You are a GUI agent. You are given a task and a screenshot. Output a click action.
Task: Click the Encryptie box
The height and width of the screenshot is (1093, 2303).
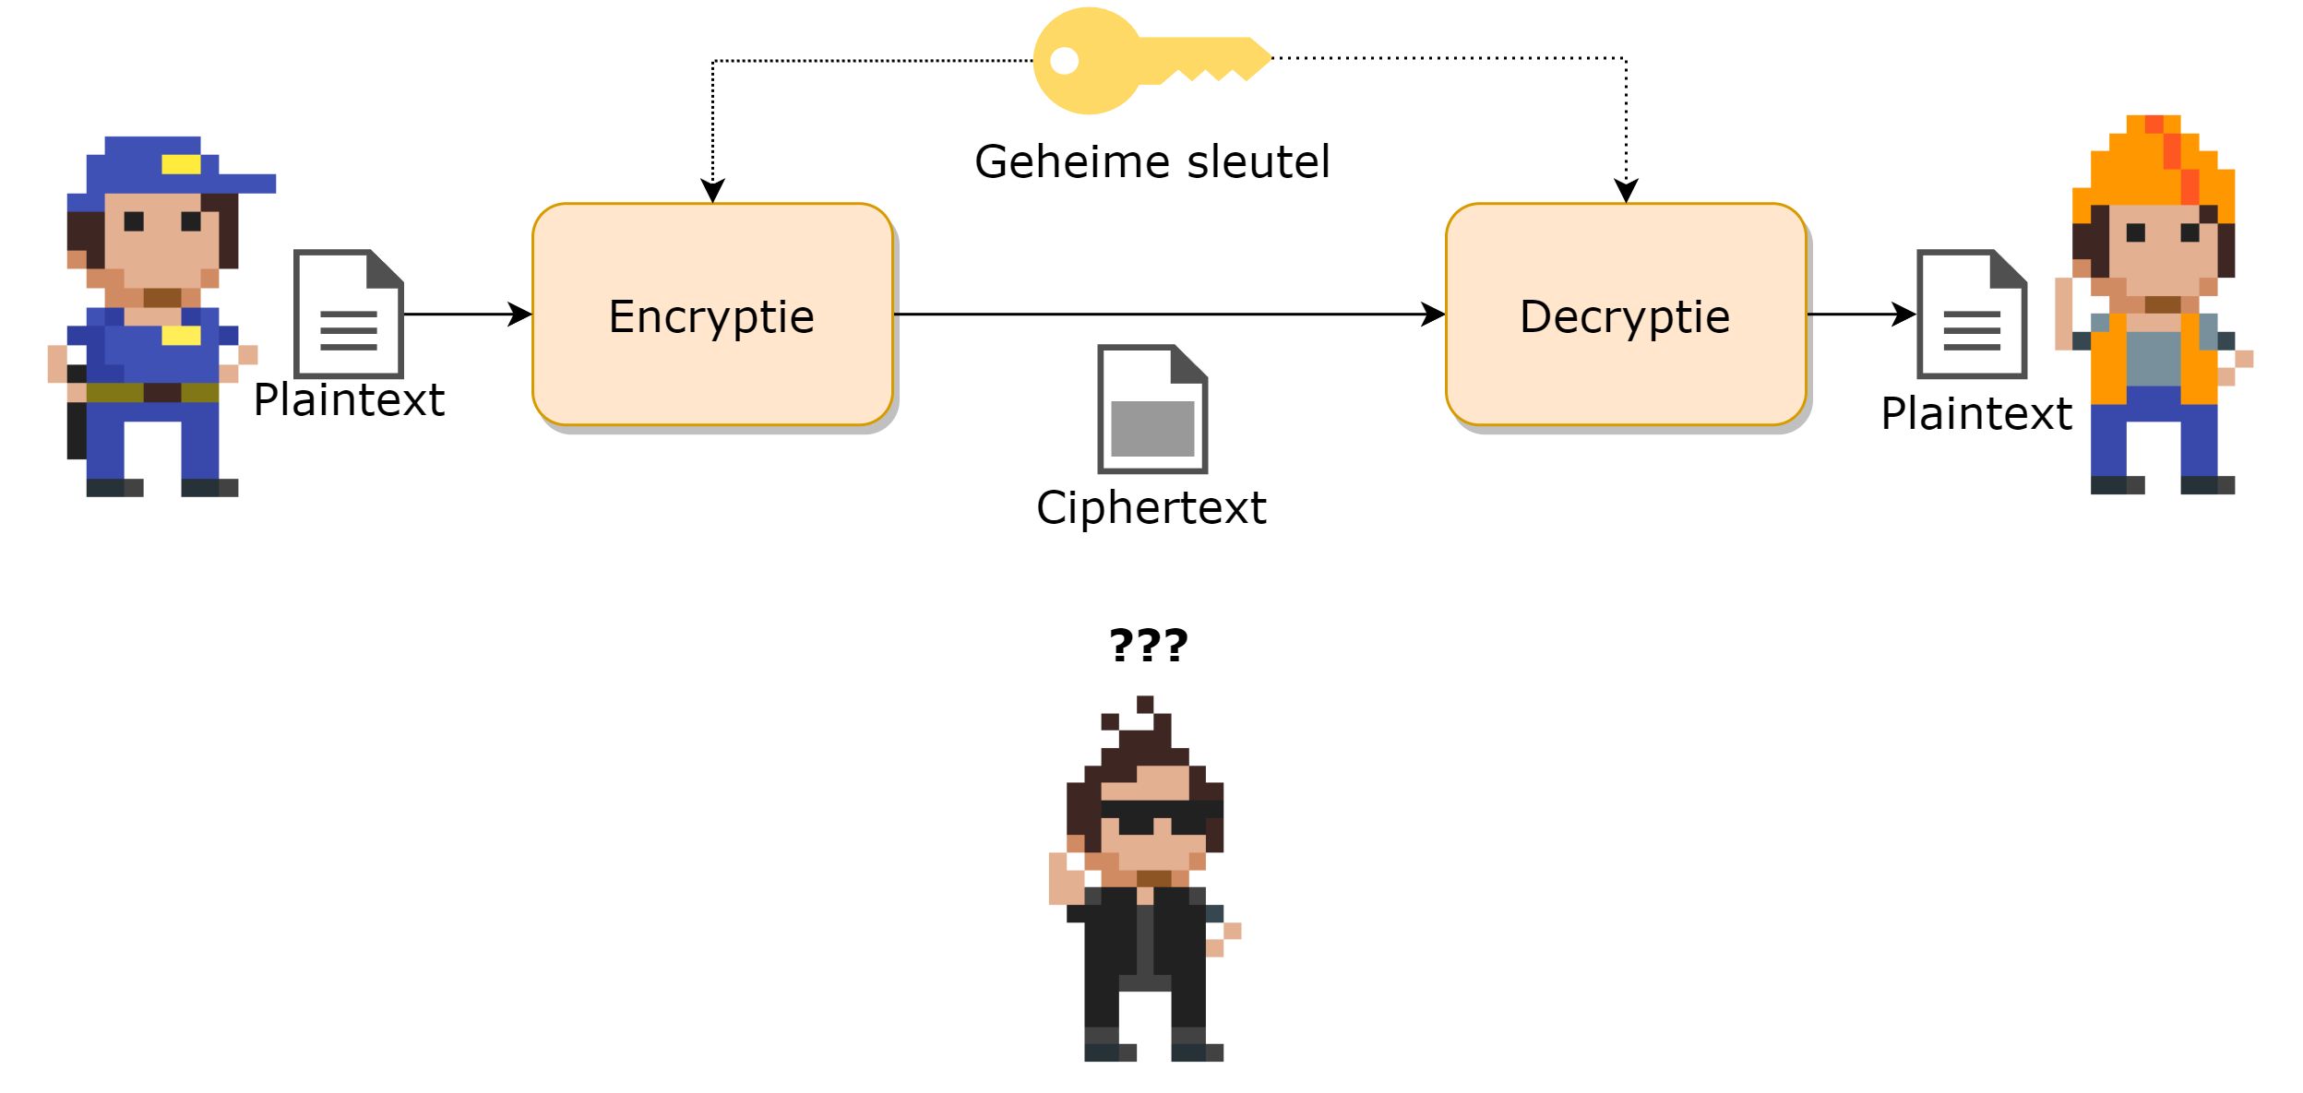(711, 315)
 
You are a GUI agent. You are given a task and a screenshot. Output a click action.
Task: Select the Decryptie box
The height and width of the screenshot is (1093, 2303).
(1625, 315)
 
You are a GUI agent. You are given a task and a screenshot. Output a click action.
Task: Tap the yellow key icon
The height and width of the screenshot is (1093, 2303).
(1144, 61)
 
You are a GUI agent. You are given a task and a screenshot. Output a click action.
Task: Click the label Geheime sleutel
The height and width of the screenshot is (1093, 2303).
(1151, 162)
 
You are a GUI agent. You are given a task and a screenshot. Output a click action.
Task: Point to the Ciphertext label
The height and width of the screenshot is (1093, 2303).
(1151, 508)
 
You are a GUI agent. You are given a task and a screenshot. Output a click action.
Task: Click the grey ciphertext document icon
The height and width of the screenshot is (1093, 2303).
(1151, 409)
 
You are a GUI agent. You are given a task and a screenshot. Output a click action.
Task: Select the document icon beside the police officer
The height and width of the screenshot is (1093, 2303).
(348, 314)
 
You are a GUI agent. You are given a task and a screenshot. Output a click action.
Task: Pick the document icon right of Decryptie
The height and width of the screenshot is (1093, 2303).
(1971, 314)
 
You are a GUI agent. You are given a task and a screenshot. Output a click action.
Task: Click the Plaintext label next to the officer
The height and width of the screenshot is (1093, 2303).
(349, 400)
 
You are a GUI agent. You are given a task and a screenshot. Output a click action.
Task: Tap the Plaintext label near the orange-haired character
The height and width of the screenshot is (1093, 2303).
(1975, 414)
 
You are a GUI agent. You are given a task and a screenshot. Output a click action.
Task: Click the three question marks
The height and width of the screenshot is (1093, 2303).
(1148, 645)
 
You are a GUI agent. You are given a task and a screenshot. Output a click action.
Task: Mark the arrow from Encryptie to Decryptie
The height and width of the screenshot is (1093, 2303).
(1167, 315)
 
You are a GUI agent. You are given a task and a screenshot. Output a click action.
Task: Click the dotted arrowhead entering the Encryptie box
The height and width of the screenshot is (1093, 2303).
(712, 189)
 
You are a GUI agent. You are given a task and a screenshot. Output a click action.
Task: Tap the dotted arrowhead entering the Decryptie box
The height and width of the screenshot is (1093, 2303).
(1625, 189)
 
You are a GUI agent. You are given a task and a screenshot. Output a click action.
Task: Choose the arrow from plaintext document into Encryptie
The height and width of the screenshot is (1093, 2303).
(467, 315)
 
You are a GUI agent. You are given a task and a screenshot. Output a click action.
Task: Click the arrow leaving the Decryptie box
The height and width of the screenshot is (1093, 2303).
(1859, 315)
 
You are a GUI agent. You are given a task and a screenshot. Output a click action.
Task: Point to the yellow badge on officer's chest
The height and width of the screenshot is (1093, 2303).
(181, 335)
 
